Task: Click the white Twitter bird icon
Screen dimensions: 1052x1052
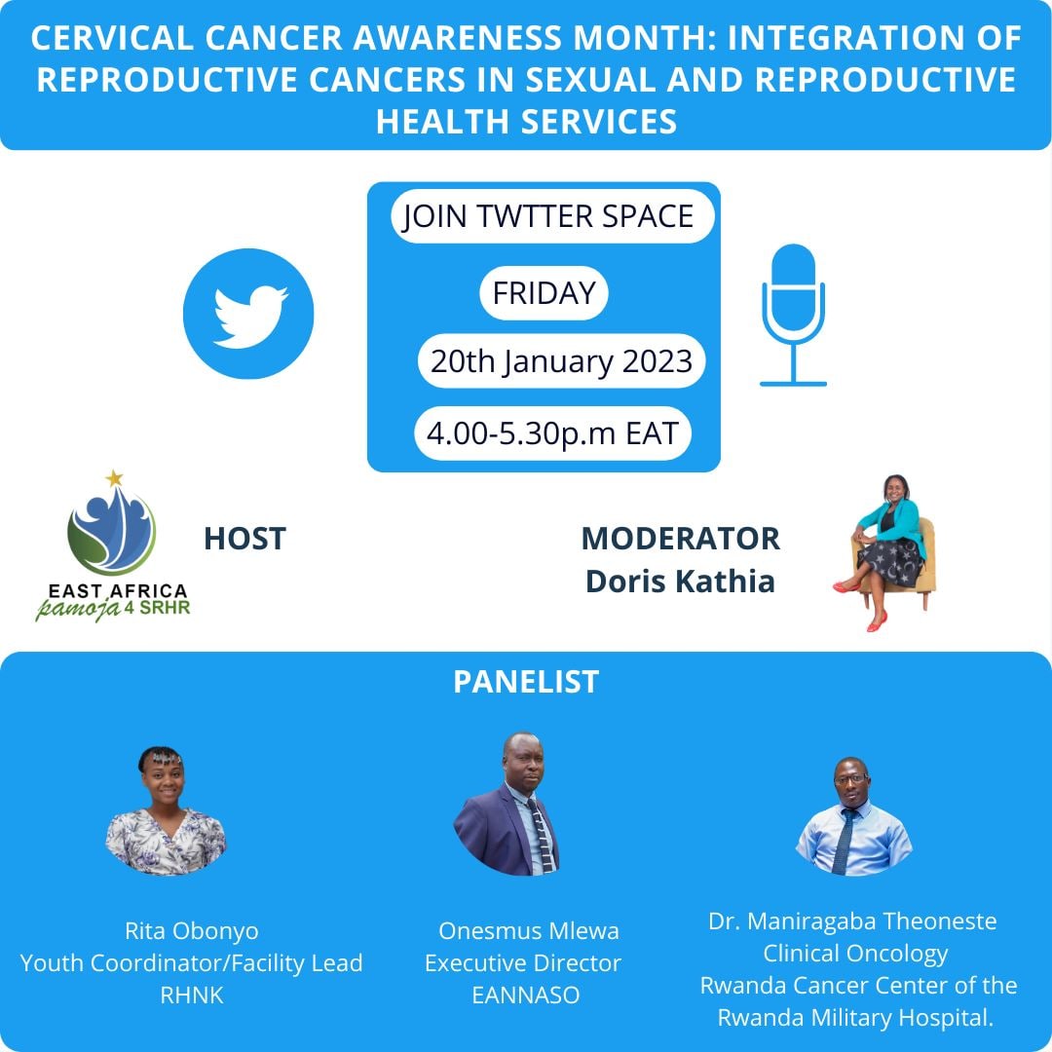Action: point(249,314)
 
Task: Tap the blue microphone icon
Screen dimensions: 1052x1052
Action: point(793,314)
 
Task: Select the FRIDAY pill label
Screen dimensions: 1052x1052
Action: point(544,293)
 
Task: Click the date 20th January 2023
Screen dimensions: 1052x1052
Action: point(561,361)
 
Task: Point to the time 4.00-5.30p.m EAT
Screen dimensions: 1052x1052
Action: point(552,433)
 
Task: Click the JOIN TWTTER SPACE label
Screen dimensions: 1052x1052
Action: point(548,216)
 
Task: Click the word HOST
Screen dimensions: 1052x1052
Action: point(244,539)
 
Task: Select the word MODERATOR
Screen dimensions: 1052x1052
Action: point(680,539)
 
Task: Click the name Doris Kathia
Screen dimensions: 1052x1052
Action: point(680,582)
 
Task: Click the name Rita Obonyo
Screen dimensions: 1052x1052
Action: point(192,931)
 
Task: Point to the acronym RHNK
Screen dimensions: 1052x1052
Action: point(192,996)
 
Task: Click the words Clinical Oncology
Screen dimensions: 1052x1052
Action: point(855,953)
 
